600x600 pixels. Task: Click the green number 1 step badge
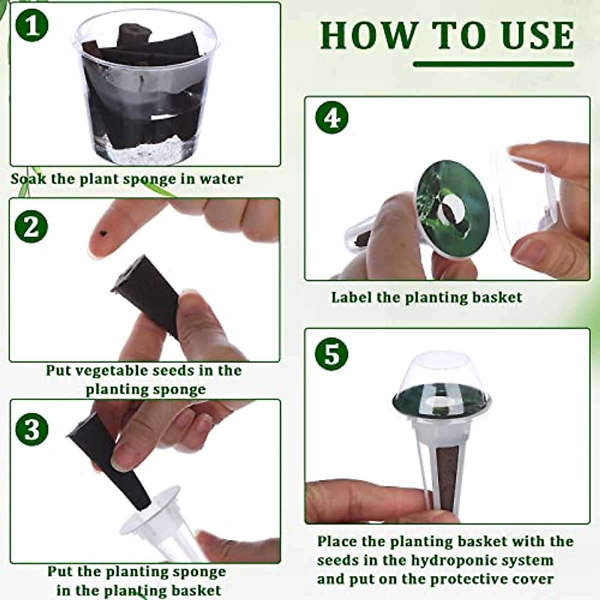pyautogui.click(x=32, y=25)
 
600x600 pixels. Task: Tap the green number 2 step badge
pyautogui.click(x=31, y=226)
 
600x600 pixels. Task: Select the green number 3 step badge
pyautogui.click(x=32, y=429)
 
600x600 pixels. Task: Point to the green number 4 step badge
pyautogui.click(x=331, y=117)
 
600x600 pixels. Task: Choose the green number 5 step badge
pyautogui.click(x=331, y=354)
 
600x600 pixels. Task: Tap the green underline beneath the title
pyautogui.click(x=493, y=64)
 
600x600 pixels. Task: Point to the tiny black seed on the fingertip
pyautogui.click(x=102, y=232)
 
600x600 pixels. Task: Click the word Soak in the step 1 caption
pyautogui.click(x=28, y=179)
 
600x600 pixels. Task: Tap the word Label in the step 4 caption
pyautogui.click(x=351, y=297)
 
